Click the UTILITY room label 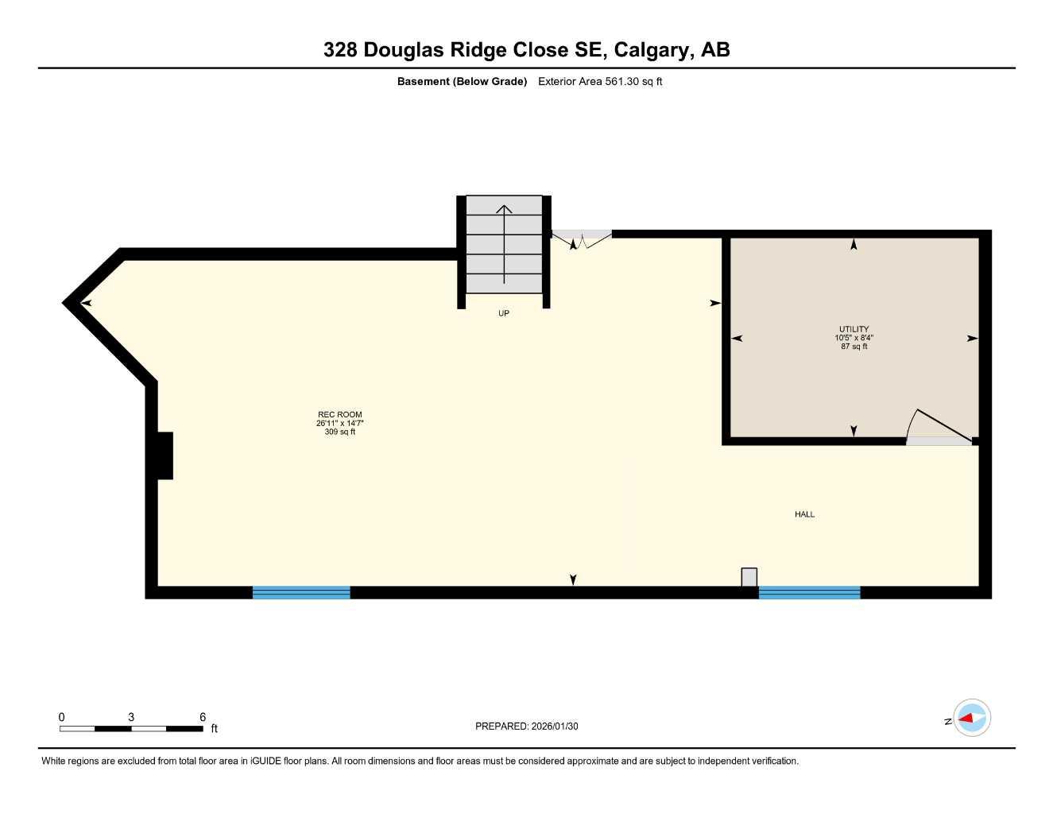pos(854,329)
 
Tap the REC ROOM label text pos(339,414)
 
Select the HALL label pos(804,514)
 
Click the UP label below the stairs pos(503,313)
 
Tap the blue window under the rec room pos(301,592)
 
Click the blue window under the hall pos(809,592)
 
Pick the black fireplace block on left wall pos(164,455)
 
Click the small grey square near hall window pos(749,577)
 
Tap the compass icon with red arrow pos(971,719)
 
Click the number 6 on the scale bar pos(203,717)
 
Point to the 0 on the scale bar pos(62,717)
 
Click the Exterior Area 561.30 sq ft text pos(600,81)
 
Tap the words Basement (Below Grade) pos(462,81)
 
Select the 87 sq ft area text pos(854,347)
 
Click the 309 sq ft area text pos(339,432)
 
